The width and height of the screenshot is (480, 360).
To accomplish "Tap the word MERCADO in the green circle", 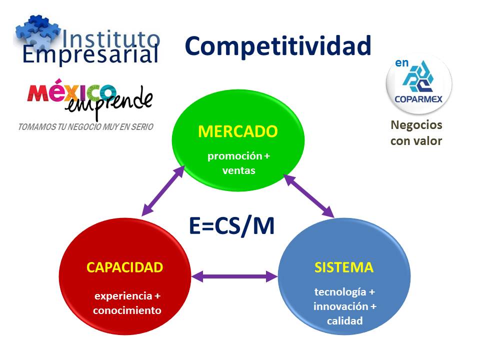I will tap(237, 131).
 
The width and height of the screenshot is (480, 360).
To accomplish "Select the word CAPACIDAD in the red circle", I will tap(124, 267).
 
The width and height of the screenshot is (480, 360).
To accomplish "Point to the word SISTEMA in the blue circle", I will tap(343, 267).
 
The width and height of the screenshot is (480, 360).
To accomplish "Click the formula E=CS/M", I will tap(232, 225).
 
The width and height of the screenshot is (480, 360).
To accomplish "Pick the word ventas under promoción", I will tap(238, 170).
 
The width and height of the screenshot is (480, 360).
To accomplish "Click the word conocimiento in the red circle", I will tap(127, 310).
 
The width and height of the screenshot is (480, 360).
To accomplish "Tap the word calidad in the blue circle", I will tap(344, 321).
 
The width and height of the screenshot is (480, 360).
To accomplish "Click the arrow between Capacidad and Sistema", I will tap(234, 275).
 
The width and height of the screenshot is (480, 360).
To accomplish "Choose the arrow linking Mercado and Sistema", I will tap(308, 195).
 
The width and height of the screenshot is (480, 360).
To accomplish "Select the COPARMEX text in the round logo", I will tap(418, 98).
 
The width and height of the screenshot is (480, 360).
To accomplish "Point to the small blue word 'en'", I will tap(402, 63).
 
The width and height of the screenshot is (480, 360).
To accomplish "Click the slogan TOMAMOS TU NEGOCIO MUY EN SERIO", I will tap(85, 127).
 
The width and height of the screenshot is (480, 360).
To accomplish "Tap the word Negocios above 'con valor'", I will tap(416, 125).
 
